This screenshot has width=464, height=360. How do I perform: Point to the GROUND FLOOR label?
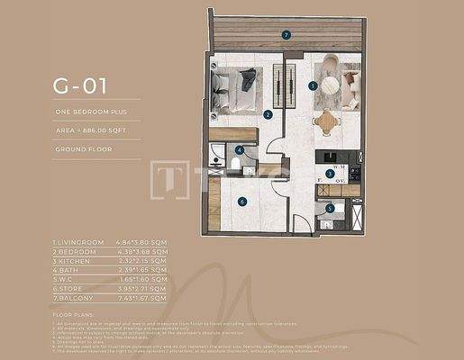pos(84,148)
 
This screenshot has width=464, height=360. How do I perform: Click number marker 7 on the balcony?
pos(286,35)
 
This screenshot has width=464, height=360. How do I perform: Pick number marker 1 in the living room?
pos(312,85)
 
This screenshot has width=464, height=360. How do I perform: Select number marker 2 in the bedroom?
pos(268,114)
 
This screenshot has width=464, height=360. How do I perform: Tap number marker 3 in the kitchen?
pos(329,172)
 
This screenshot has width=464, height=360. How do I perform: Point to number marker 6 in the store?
pos(242,202)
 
